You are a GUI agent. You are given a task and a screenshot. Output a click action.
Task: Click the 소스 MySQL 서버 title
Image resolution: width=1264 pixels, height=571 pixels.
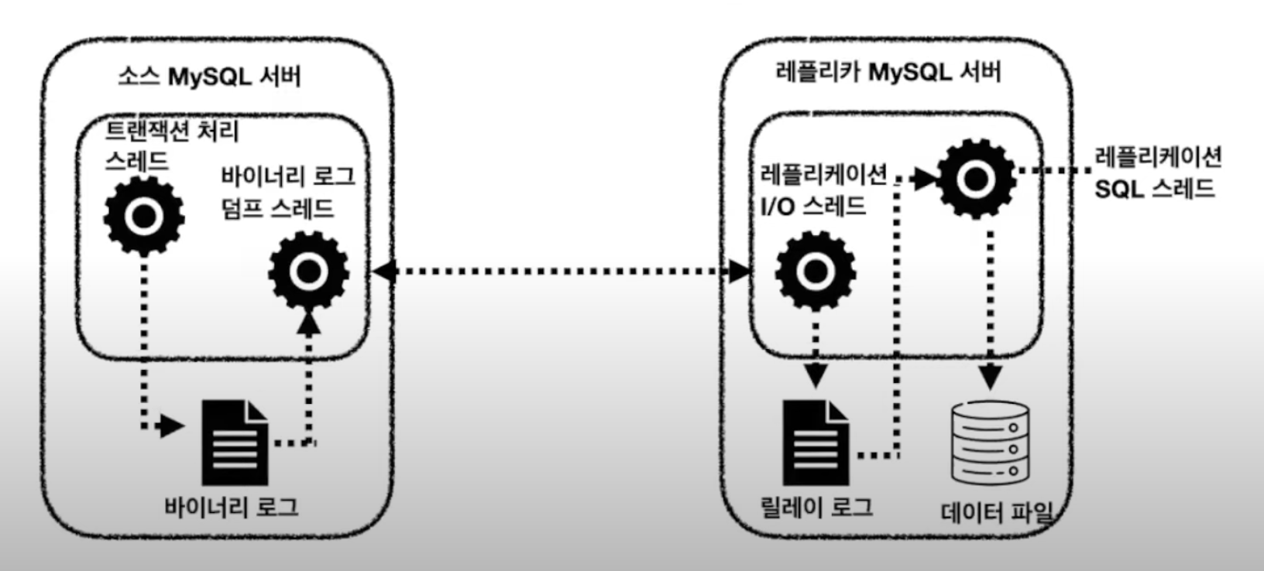click(209, 76)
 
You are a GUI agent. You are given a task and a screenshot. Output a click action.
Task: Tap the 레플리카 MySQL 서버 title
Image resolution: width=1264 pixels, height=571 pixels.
click(888, 72)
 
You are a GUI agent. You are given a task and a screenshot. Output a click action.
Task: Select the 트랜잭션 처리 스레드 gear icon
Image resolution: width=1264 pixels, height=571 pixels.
click(144, 216)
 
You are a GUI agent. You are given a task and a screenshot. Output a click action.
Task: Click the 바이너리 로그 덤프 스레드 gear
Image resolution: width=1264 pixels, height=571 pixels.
click(308, 271)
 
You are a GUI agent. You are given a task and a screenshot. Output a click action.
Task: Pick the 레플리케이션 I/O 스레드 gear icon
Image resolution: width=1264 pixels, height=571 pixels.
click(815, 271)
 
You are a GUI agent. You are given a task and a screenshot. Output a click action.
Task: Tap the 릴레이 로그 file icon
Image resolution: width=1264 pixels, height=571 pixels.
click(815, 442)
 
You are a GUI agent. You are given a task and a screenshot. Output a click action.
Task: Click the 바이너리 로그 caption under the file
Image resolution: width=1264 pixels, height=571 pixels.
click(232, 507)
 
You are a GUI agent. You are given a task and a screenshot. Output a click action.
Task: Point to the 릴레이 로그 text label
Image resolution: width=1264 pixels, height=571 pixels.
click(817, 507)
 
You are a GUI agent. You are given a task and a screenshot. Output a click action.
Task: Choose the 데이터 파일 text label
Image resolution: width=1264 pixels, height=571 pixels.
click(998, 512)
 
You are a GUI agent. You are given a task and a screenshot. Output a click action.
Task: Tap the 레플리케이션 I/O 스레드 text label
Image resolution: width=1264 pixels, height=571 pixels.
click(823, 190)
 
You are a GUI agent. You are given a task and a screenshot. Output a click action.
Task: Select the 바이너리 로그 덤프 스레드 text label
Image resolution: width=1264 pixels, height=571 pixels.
click(287, 192)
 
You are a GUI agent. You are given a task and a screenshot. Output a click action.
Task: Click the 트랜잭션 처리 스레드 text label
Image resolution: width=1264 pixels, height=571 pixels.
click(171, 145)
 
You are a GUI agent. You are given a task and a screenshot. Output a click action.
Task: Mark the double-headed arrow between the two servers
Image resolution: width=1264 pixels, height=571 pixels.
click(562, 271)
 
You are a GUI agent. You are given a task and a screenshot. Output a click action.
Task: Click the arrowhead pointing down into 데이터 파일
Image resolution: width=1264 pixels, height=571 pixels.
click(991, 378)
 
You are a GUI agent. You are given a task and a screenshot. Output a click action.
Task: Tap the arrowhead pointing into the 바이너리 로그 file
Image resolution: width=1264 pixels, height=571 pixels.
click(173, 426)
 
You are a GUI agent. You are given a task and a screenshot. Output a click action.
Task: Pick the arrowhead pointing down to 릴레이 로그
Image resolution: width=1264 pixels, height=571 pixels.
click(815, 376)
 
